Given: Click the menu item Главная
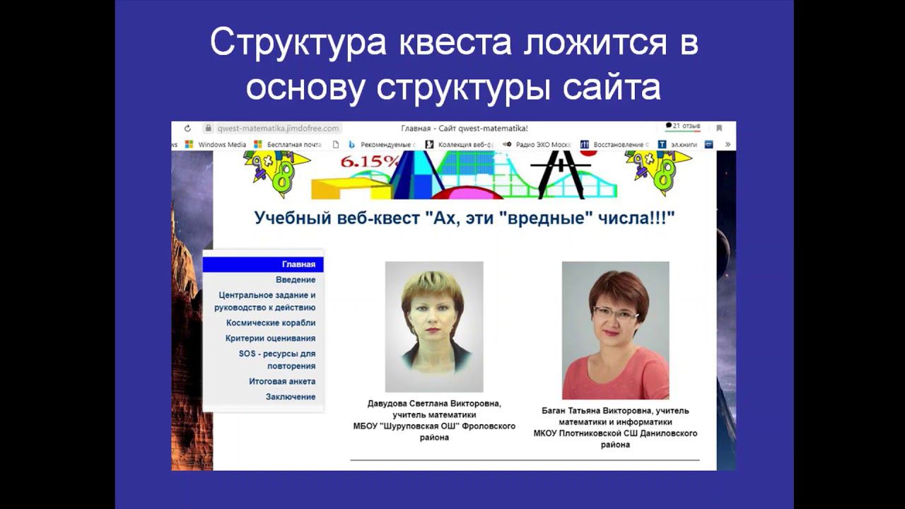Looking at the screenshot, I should point(298,264).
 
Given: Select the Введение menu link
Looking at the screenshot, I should point(296,280).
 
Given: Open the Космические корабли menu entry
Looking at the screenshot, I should point(271,323).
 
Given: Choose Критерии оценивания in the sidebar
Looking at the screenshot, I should point(270,339).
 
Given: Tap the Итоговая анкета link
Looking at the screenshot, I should point(282,382).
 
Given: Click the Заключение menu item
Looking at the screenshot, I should point(291,397).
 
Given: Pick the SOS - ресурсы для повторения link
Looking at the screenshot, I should point(277,360).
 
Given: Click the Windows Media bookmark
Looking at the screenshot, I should point(222,145).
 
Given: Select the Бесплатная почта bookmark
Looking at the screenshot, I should point(294,145).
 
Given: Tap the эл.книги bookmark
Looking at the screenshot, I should point(683,145).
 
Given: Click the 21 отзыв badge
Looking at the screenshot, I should point(683,127).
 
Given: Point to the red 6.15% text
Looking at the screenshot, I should point(370,161).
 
